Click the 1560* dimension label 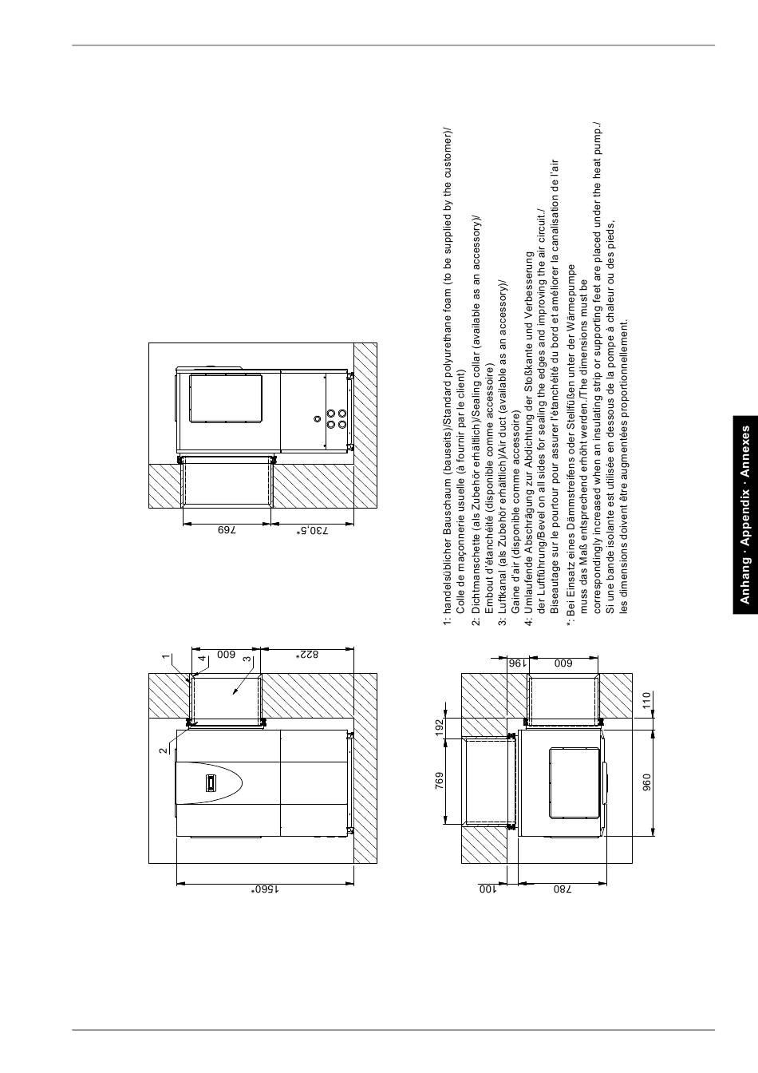point(266,889)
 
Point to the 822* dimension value point(310,654)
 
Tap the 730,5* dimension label point(313,530)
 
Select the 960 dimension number point(647,782)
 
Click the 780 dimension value point(563,889)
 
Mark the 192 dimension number point(440,726)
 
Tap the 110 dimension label point(647,700)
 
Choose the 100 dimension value point(488,889)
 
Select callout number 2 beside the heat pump point(164,750)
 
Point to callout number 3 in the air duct point(247,659)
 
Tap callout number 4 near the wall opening point(203,658)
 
